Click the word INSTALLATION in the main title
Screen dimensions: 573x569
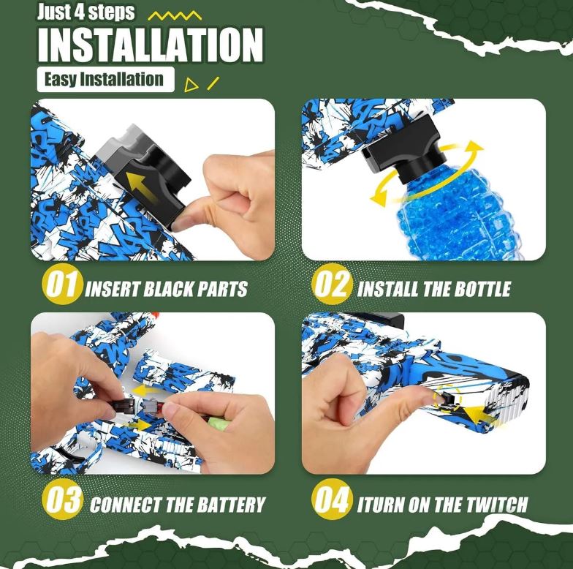click(151, 45)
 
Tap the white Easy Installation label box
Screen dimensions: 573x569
click(105, 79)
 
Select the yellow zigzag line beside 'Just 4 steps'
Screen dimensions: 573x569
click(175, 16)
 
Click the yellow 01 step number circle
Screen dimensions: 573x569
click(61, 284)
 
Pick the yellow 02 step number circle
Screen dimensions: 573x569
click(332, 284)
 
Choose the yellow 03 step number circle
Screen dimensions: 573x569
click(61, 499)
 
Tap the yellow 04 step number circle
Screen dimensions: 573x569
click(332, 499)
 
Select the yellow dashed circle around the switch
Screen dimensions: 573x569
click(447, 398)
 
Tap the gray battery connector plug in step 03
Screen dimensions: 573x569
click(151, 405)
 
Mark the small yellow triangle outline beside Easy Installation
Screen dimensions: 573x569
click(191, 85)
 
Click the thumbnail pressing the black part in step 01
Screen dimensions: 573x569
click(183, 222)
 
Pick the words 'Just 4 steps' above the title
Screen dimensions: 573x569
click(86, 12)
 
